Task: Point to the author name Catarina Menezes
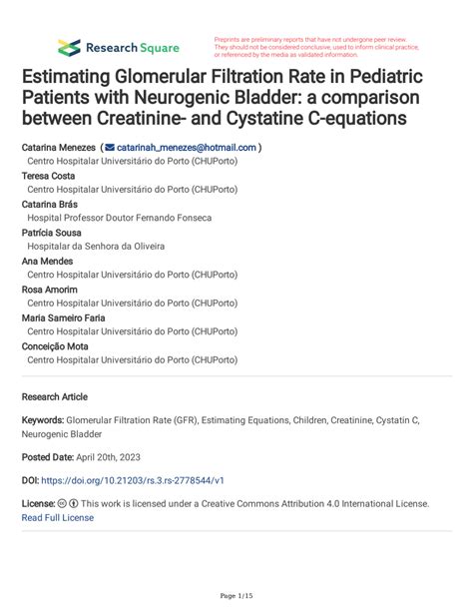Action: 59,147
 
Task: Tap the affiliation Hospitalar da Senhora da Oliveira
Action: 96,246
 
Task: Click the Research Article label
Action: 55,395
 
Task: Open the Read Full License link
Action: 58,517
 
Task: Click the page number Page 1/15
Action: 236,596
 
